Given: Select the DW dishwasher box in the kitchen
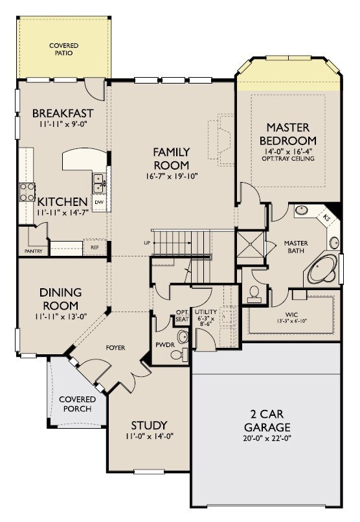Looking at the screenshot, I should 99,202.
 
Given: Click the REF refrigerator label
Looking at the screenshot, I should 95,247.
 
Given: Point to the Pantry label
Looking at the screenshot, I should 33,250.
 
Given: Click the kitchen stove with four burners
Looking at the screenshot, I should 27,191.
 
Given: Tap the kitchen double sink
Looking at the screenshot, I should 99,183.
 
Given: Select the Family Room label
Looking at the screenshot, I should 171,159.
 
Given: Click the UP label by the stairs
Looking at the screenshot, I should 147,243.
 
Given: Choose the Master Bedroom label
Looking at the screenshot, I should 287,133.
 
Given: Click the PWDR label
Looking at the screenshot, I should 163,345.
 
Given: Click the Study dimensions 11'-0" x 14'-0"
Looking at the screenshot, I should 150,436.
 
